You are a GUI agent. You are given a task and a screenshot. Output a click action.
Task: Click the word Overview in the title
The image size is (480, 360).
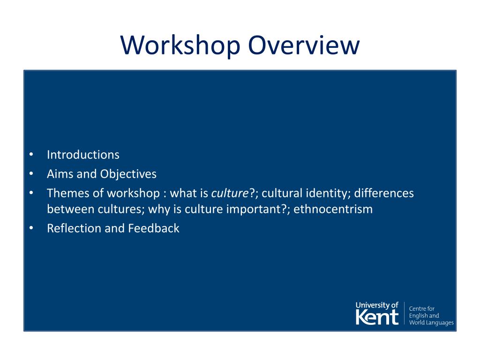click(304, 45)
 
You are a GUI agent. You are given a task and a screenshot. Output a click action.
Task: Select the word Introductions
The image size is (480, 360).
click(83, 155)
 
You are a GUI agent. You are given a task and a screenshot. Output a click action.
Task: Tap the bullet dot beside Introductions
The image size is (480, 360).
click(30, 155)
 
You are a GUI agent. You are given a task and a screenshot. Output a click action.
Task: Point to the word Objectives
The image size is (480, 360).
click(128, 174)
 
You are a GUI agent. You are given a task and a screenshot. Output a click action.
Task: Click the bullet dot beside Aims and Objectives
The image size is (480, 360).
click(30, 174)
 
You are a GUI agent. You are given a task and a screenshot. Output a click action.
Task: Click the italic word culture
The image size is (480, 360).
click(229, 193)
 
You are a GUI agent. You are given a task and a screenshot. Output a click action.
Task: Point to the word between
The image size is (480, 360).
click(70, 209)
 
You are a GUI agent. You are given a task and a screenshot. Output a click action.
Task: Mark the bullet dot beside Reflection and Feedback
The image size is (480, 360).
click(30, 228)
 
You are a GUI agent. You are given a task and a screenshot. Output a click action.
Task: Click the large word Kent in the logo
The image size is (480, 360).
click(377, 317)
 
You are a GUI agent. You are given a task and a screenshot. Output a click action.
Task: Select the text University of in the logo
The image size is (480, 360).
click(377, 306)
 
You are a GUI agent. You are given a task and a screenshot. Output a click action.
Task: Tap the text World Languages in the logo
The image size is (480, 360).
click(431, 323)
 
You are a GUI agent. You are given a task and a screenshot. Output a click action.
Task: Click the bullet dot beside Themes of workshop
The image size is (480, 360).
click(30, 193)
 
